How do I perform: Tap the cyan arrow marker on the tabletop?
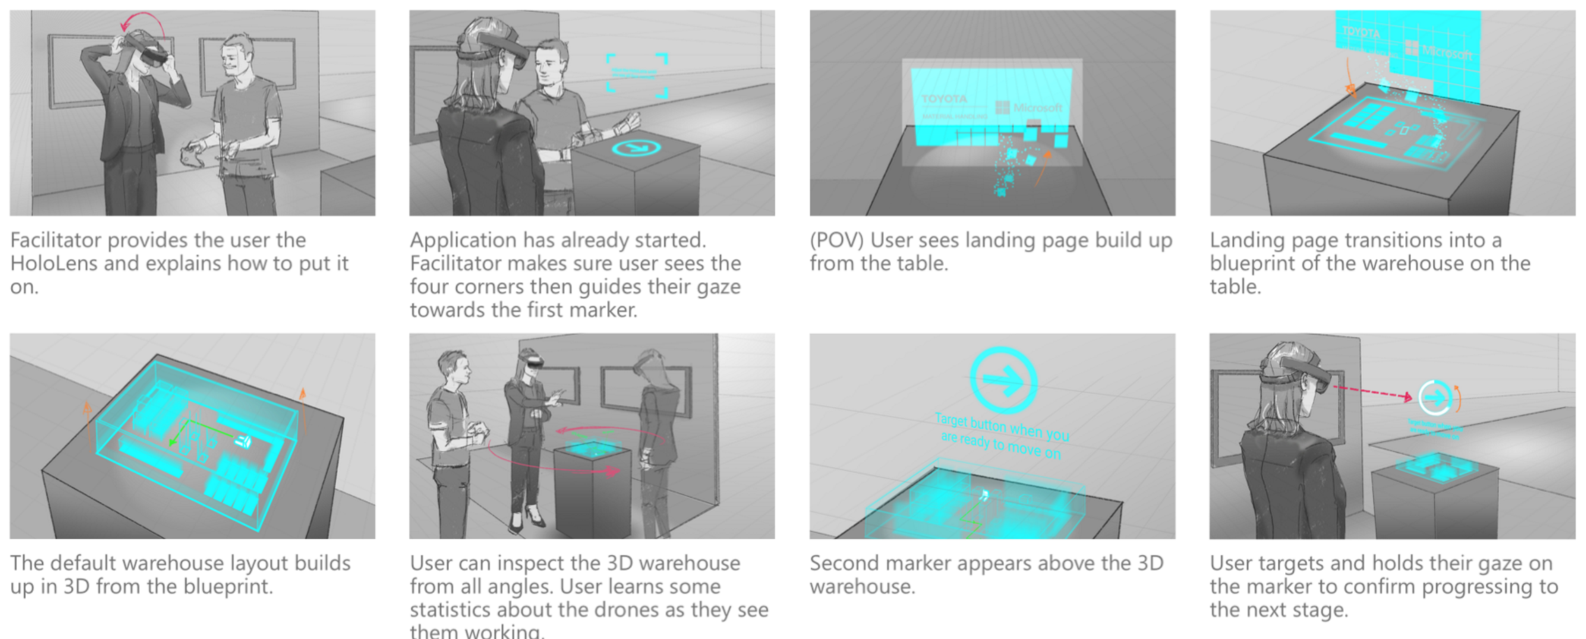tap(636, 148)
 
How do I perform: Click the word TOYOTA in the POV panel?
tap(944, 99)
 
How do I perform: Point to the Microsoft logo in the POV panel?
tap(1029, 108)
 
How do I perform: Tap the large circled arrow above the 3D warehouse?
tap(1003, 381)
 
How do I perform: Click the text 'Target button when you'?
tap(1002, 427)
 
